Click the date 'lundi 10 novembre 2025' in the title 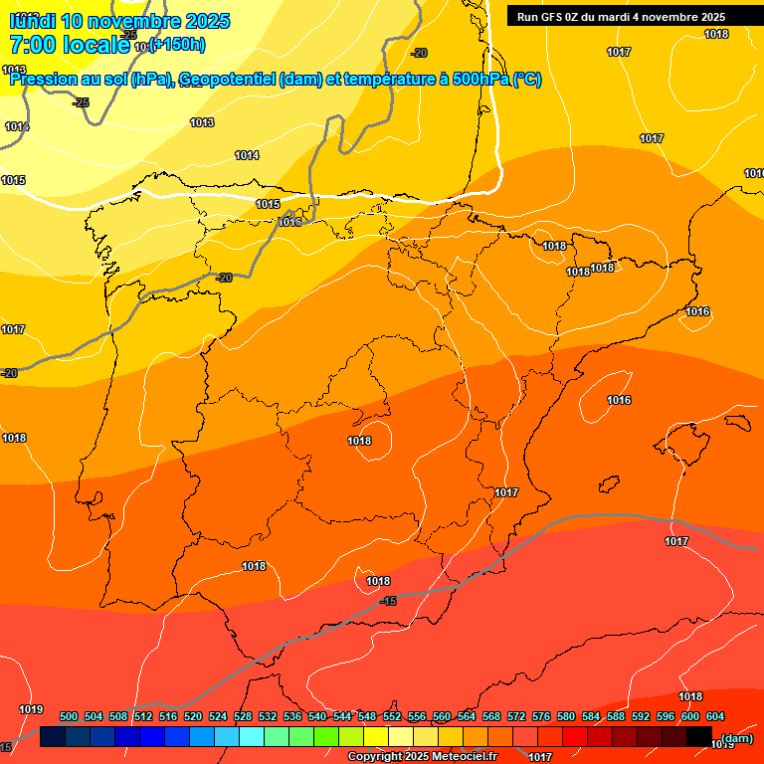(119, 21)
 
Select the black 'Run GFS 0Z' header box (621, 16)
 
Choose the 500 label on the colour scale (69, 716)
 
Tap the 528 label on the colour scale (243, 716)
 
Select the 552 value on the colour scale (392, 716)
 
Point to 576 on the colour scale (541, 716)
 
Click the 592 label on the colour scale (641, 716)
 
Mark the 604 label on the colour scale (715, 716)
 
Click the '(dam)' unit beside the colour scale (736, 737)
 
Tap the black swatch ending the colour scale (699, 737)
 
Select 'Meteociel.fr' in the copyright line (465, 757)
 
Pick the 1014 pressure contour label (247, 155)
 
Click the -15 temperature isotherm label (388, 601)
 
